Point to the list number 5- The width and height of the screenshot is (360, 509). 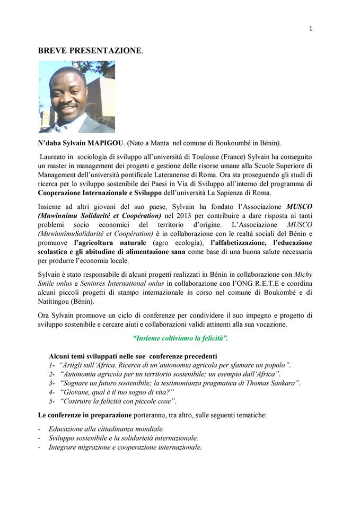click(52, 401)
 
